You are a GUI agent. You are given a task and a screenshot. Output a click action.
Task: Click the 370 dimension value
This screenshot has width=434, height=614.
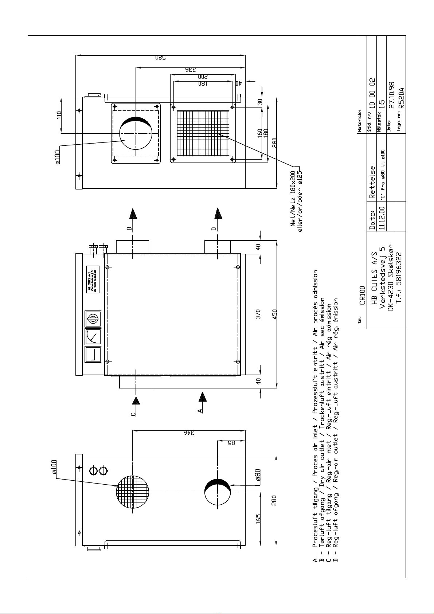click(258, 314)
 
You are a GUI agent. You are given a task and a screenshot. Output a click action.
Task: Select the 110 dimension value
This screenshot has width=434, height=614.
click(59, 116)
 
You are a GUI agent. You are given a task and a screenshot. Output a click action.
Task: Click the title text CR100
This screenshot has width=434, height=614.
click(362, 295)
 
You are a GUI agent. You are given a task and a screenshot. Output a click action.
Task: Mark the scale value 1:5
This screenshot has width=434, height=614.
click(382, 105)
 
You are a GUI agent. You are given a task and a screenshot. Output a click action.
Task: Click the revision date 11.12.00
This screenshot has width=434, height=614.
click(382, 218)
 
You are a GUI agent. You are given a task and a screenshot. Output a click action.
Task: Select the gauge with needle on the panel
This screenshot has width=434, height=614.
click(93, 336)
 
